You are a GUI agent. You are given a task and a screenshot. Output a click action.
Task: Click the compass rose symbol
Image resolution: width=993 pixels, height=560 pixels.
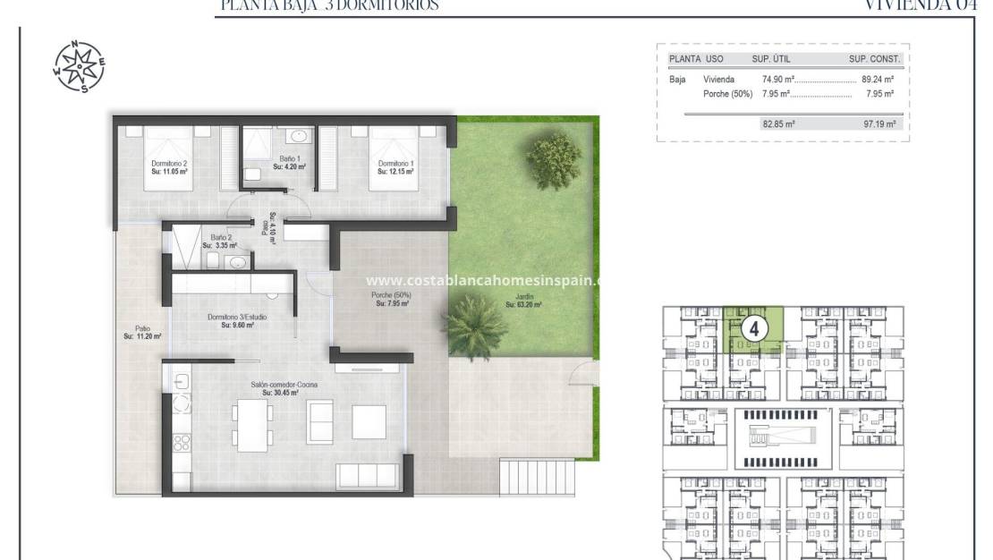(79, 66)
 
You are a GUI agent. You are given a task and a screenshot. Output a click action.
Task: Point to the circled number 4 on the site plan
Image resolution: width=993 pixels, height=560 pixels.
(753, 328)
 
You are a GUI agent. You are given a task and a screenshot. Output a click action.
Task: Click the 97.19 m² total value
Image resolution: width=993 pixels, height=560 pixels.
(879, 124)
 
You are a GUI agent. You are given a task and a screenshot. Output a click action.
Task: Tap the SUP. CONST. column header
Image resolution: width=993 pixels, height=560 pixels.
(874, 59)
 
